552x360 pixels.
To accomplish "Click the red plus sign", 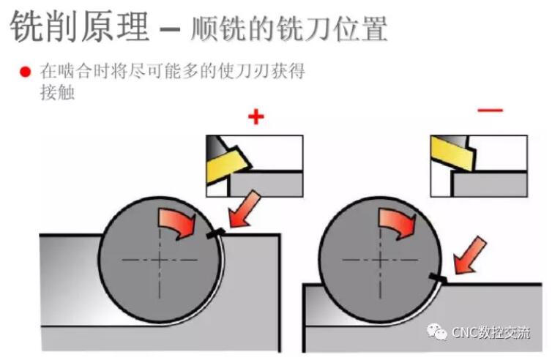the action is click(256, 117).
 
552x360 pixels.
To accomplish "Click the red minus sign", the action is click(491, 110).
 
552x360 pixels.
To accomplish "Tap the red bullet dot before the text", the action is click(26, 72).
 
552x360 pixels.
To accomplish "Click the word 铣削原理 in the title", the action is click(80, 27).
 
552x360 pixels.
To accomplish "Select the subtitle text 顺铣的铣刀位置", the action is click(288, 28).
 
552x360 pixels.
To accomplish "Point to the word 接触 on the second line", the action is click(57, 93).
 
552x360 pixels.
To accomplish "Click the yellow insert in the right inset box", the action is click(453, 153).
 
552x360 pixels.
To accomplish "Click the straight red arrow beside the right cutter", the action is click(469, 255).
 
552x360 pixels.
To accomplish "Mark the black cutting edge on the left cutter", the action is click(215, 233).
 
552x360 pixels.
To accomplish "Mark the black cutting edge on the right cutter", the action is click(438, 277).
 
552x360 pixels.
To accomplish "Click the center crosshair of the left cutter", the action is click(160, 260).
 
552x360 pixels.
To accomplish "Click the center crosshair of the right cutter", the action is click(380, 260).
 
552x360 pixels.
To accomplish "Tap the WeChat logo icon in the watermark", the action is click(436, 332).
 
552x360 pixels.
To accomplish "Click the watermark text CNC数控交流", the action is click(491, 332).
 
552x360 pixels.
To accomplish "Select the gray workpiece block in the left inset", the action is click(266, 184).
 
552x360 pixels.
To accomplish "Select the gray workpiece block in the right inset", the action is click(490, 184).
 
